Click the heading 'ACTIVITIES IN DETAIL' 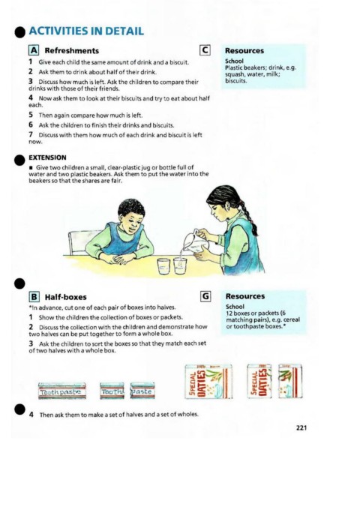(x=86, y=31)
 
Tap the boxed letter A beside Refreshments (x=34, y=50)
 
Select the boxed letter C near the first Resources (x=205, y=50)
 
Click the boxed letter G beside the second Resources (x=205, y=296)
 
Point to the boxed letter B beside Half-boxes (x=34, y=297)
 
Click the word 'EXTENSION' (x=47, y=157)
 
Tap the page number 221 (x=301, y=427)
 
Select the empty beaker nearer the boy (x=163, y=266)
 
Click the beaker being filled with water (x=180, y=265)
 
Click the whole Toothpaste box (x=62, y=391)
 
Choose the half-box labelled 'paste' (x=142, y=391)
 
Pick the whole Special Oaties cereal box (x=208, y=382)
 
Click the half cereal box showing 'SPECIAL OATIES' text (x=259, y=381)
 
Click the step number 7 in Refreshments (x=31, y=135)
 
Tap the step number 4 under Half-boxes (x=31, y=415)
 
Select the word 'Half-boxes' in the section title (x=66, y=297)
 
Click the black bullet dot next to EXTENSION (x=19, y=160)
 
